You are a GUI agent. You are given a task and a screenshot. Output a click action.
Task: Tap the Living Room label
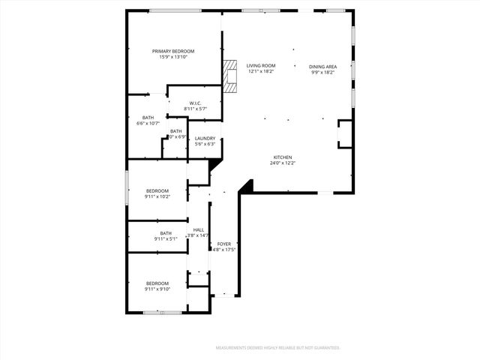(x=261, y=66)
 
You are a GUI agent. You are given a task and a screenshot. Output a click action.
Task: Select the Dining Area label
(x=323, y=66)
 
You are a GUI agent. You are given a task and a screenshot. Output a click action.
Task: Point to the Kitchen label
(x=283, y=157)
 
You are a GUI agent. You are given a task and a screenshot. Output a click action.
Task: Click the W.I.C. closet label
(x=194, y=103)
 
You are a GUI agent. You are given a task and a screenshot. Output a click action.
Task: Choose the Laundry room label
(x=205, y=138)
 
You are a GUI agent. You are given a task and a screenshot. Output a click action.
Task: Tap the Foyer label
(x=224, y=244)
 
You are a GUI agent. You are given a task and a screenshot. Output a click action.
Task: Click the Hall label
(x=199, y=229)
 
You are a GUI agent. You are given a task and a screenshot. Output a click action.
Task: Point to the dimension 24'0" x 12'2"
(x=283, y=163)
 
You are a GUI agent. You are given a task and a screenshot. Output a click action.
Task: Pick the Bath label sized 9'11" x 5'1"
(x=165, y=232)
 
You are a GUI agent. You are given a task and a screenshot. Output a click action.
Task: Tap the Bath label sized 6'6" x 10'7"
(x=148, y=117)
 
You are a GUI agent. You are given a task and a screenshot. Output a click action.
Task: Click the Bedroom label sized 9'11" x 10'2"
(x=157, y=190)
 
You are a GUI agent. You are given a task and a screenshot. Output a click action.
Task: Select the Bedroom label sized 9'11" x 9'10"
(x=157, y=283)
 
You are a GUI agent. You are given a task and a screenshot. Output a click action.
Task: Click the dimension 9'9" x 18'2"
(x=323, y=72)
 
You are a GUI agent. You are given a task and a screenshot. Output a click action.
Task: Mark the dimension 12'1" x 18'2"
(x=261, y=72)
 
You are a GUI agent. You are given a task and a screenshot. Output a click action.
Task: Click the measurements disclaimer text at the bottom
(x=277, y=348)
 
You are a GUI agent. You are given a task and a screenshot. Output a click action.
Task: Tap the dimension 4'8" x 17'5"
(x=224, y=250)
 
